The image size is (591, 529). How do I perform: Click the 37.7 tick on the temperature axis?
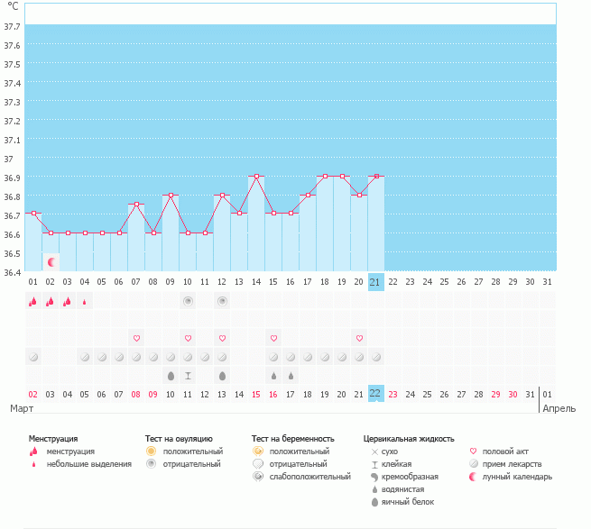coord(13,27)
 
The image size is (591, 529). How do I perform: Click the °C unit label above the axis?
coord(13,6)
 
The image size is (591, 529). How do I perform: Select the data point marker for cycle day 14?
coord(256,177)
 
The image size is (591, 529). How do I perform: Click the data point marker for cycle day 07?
coord(136,205)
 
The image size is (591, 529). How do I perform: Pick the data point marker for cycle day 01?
coord(33,214)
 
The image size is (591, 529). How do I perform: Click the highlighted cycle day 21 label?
coord(375,281)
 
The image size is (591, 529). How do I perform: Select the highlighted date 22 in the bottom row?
coord(375,394)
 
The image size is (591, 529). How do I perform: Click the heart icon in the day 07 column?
coord(136,338)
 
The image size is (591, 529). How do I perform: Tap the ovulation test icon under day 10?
coord(188,301)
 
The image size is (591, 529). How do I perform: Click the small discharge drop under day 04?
coord(85,302)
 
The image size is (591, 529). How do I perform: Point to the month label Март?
coord(22,408)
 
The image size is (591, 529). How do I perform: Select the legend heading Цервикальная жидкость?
coord(409,438)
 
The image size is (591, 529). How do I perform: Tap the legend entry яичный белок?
coord(409,501)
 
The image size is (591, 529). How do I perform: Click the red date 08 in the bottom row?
coord(136,394)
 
